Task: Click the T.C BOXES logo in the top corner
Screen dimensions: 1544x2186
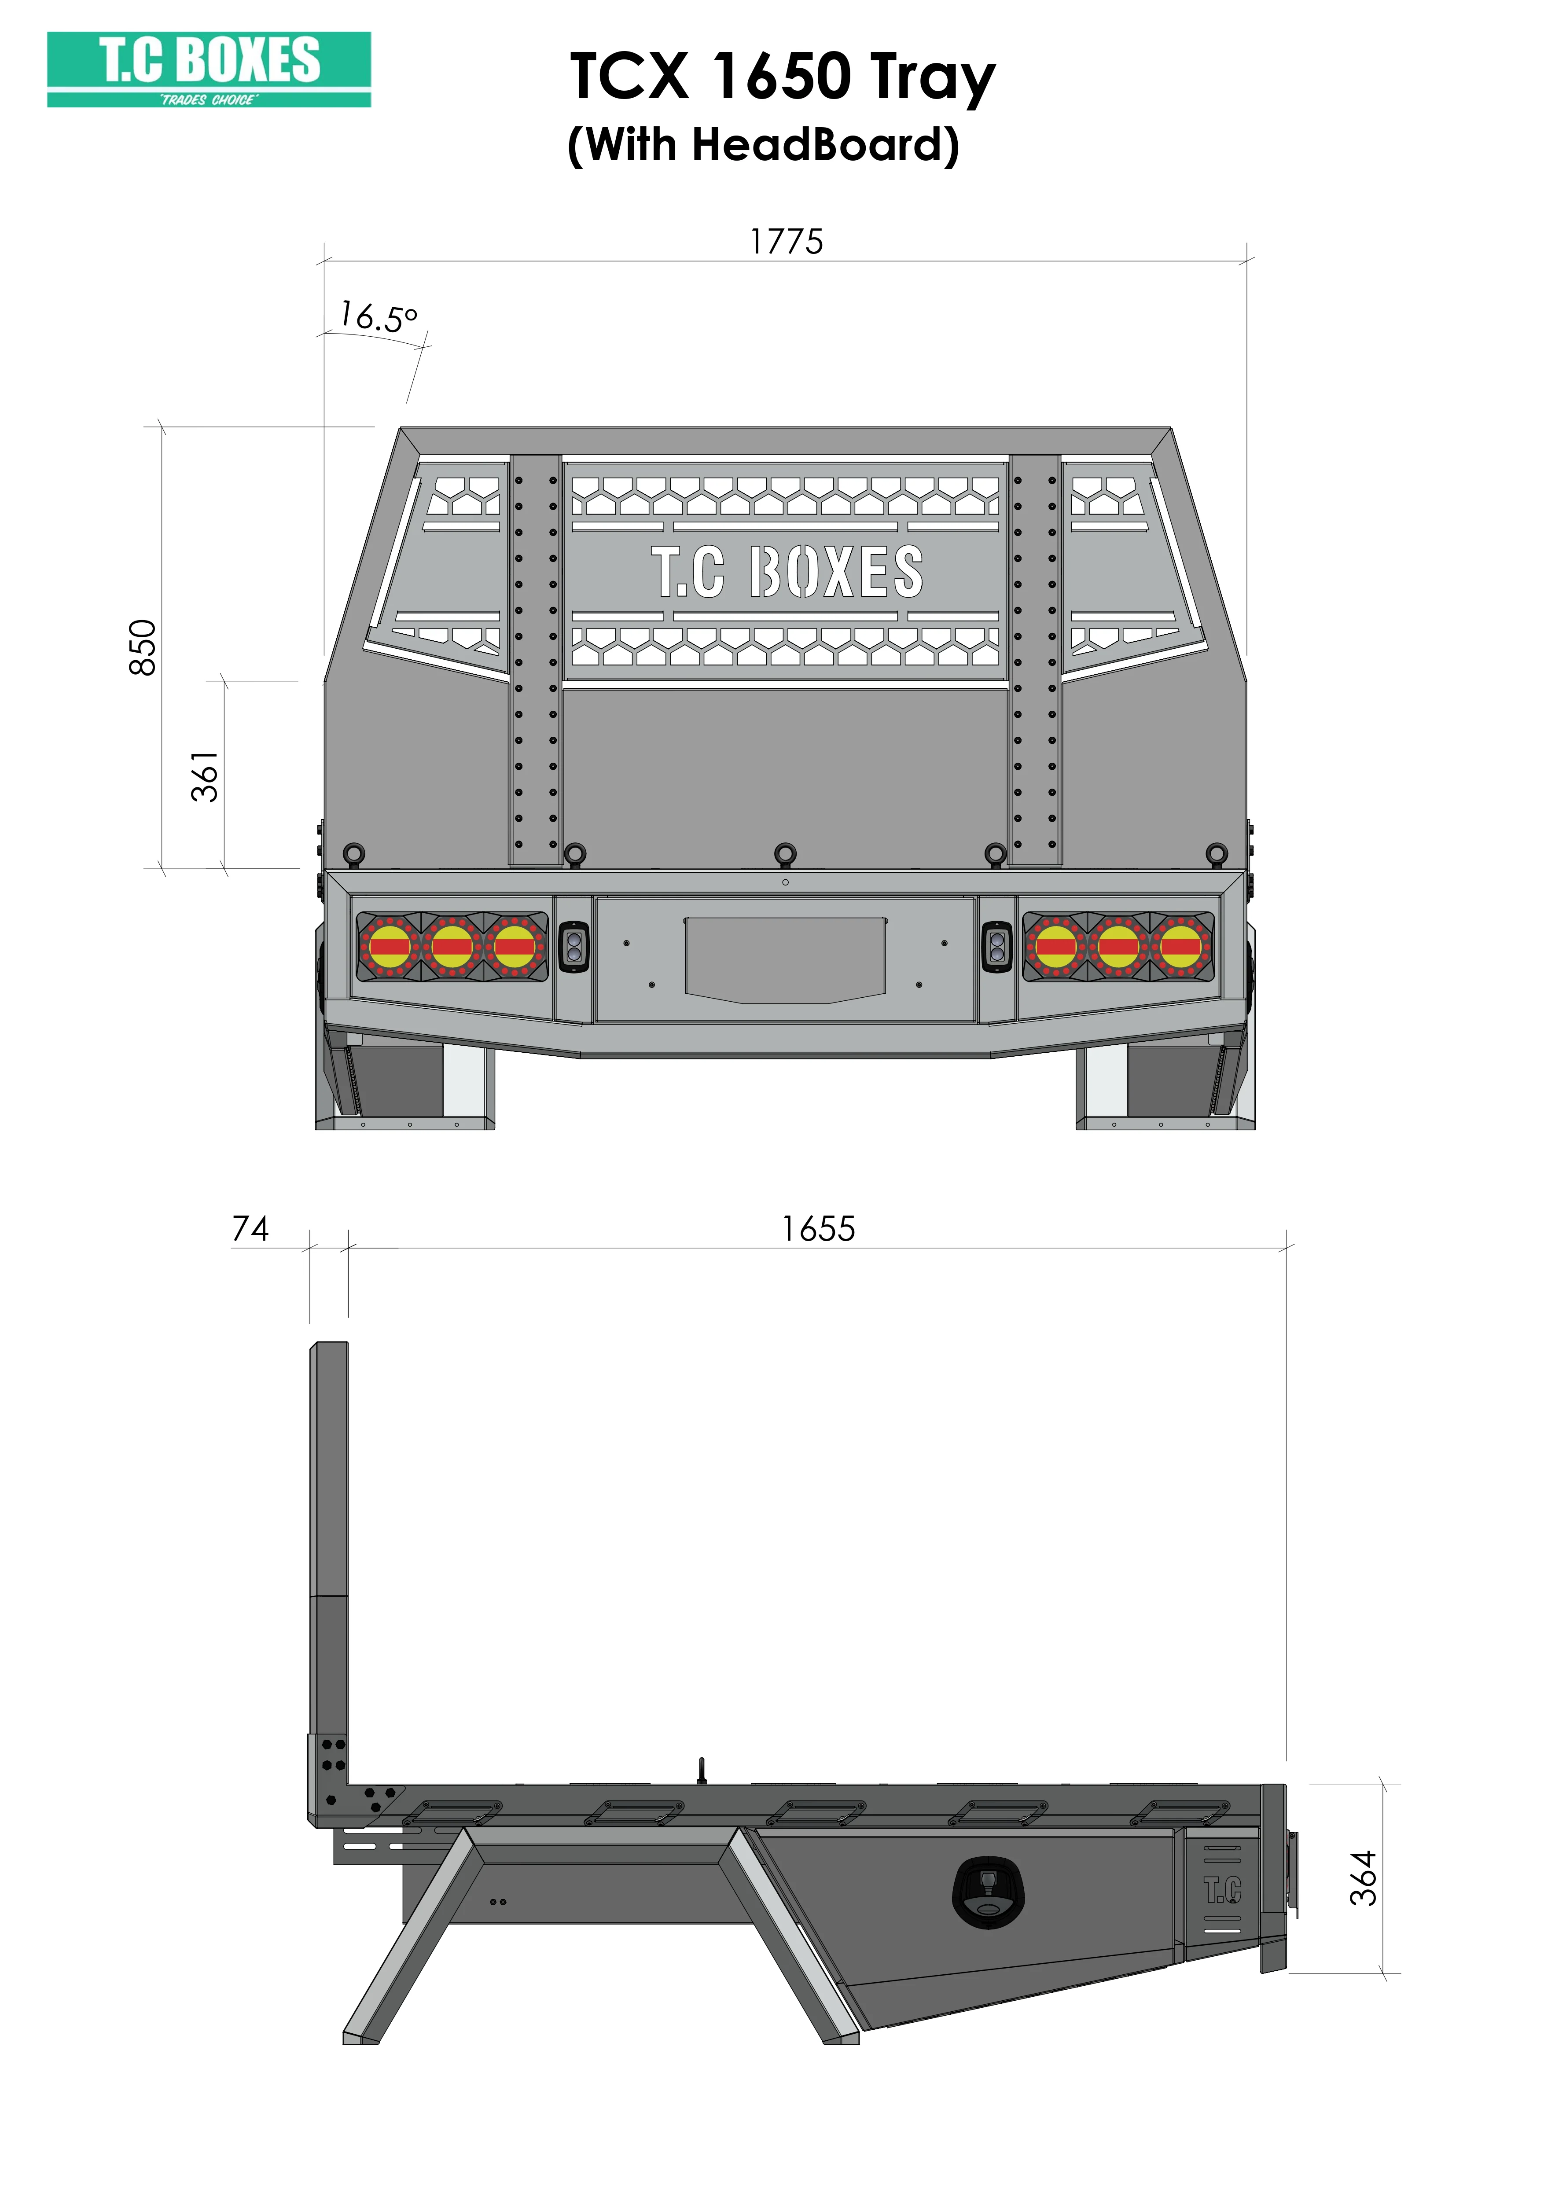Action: click(x=210, y=70)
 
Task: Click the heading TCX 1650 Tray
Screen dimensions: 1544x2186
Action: click(x=783, y=78)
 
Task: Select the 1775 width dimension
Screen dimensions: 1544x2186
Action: click(x=786, y=242)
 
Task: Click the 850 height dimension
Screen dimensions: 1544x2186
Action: click(x=143, y=647)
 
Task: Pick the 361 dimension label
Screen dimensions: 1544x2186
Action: click(x=206, y=776)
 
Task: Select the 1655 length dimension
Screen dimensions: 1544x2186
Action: click(x=819, y=1229)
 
